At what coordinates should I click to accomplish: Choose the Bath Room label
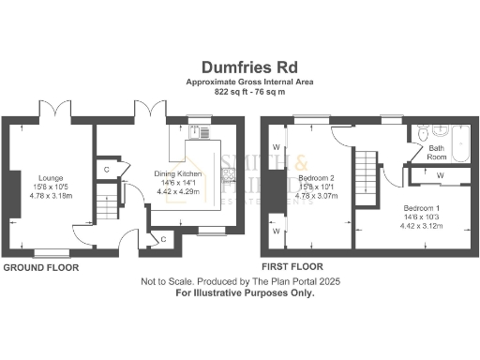tap(438, 152)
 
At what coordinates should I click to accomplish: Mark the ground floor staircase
tap(110, 197)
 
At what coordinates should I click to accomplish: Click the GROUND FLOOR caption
tap(40, 267)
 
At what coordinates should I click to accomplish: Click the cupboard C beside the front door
tap(163, 240)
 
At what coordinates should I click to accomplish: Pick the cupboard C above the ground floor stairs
tap(108, 169)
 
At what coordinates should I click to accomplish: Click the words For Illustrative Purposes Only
tap(246, 292)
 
